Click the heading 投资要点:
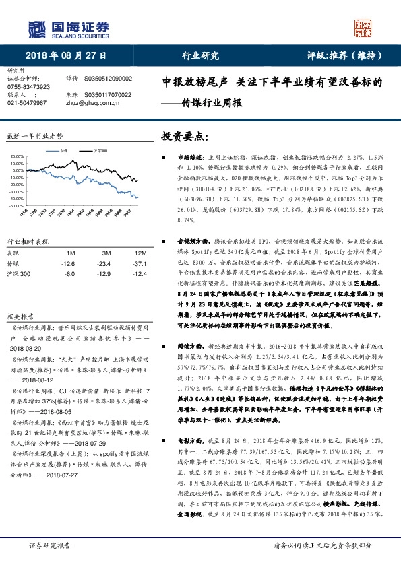pyautogui.click(x=181, y=136)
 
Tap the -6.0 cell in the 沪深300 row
pyautogui.click(x=69, y=274)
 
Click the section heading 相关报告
pyautogui.click(x=19, y=297)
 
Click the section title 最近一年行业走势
pyautogui.click(x=34, y=135)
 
